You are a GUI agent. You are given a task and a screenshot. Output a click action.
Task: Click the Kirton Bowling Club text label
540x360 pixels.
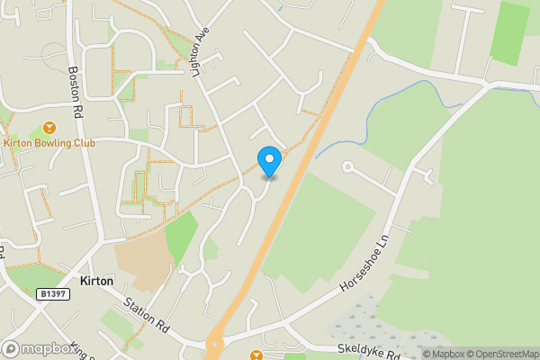[x=49, y=142]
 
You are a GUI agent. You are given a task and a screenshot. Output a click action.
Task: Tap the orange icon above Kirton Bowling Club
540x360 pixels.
[x=48, y=127]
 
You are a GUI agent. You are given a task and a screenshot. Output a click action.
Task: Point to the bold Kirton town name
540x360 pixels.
[x=95, y=281]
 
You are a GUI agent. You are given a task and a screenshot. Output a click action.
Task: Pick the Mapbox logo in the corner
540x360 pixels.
[x=38, y=349]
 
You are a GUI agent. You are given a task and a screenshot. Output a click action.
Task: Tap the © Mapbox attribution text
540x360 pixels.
[x=438, y=354]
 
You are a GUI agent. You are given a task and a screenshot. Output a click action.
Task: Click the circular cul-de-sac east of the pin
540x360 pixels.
[x=346, y=166]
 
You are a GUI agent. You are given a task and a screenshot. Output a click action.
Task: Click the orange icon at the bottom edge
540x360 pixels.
[x=256, y=355]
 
